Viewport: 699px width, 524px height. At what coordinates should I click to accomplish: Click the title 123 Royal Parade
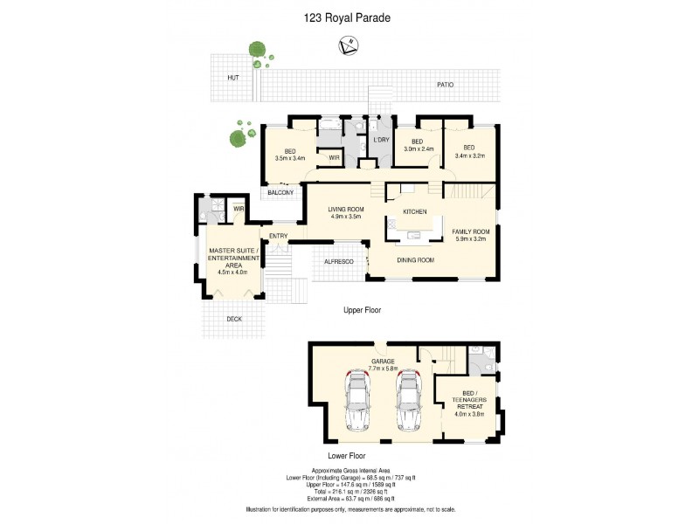tap(349, 16)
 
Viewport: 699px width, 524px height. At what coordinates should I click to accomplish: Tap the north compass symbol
tap(349, 44)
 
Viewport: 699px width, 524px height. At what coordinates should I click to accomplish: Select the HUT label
tap(232, 78)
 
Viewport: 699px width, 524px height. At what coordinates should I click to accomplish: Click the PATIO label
tap(446, 85)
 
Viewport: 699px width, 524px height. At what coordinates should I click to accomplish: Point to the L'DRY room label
tap(380, 140)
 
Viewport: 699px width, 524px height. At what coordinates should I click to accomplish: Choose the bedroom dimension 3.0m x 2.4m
tap(418, 149)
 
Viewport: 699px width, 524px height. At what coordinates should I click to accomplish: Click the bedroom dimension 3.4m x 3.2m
tap(468, 157)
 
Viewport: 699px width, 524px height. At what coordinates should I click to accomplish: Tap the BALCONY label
tap(280, 192)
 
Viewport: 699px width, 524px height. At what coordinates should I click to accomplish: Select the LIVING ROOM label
tap(345, 210)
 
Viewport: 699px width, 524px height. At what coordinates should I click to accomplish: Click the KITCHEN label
tap(414, 213)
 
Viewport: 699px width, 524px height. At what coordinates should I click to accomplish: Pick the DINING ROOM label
tap(416, 260)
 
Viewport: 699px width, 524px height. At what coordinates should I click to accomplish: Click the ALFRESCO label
tap(337, 261)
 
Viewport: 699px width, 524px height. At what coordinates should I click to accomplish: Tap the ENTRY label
tap(278, 236)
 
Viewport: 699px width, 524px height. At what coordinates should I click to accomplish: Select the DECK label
tap(233, 319)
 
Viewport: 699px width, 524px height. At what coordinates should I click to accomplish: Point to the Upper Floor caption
tap(361, 309)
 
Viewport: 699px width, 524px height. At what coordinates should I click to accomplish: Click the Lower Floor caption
tap(346, 456)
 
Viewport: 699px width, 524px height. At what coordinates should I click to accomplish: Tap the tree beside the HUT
tap(256, 52)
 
